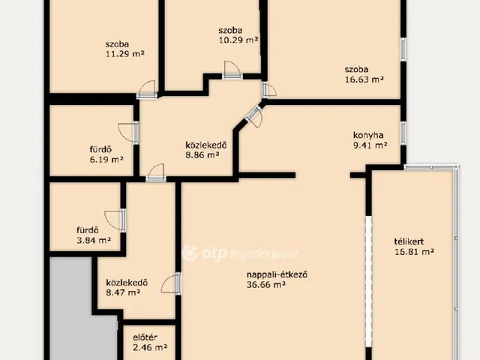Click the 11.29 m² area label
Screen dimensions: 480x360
(125, 54)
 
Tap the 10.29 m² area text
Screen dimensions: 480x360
(238, 40)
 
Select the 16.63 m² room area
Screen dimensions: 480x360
(364, 79)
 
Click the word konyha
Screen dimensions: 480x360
(368, 135)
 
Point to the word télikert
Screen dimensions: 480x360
(409, 241)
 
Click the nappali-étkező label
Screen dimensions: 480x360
(277, 274)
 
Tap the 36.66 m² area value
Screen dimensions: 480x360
(266, 285)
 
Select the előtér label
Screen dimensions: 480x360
(145, 337)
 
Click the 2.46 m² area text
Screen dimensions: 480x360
(150, 347)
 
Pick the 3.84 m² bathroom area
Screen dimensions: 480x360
(94, 240)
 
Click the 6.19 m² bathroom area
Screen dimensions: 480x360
(106, 160)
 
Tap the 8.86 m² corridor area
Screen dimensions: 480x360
(202, 155)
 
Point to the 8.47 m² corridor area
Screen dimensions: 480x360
(123, 292)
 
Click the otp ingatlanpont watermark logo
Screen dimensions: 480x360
(240, 253)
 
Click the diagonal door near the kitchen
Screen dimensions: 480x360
(254, 115)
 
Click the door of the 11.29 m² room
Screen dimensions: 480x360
(147, 90)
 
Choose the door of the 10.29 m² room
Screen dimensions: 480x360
(232, 70)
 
